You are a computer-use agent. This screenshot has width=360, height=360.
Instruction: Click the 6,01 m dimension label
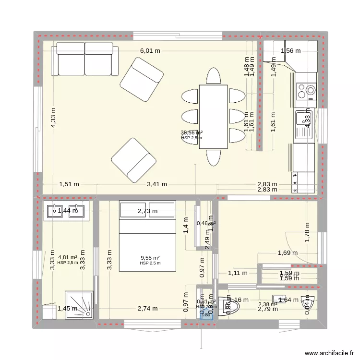click(150, 51)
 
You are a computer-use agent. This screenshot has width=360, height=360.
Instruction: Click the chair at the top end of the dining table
click(213, 76)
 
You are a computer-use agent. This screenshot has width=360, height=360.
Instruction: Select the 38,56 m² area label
click(191, 132)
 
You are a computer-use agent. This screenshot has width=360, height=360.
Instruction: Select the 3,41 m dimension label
click(157, 184)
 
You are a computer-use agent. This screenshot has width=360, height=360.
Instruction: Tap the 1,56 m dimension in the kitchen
click(290, 51)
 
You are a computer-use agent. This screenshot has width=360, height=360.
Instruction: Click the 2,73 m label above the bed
click(147, 211)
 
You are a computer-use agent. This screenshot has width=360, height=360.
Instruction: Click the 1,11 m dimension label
click(238, 273)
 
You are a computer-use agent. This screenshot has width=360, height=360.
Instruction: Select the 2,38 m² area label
click(268, 304)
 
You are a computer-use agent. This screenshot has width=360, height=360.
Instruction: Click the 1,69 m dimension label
click(288, 253)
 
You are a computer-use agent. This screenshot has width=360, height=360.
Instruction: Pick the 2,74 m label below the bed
click(147, 309)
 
